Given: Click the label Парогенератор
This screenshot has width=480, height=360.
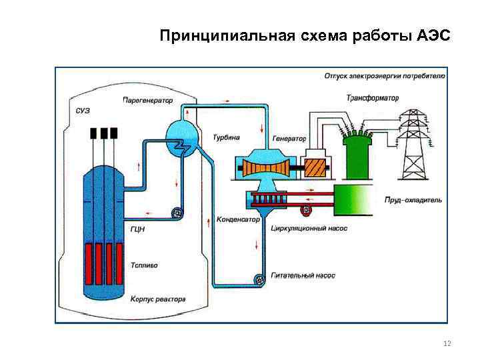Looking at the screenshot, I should (x=147, y=101).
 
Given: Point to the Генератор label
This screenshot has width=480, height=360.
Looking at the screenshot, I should (x=289, y=139).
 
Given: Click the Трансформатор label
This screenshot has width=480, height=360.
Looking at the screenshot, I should (x=372, y=98).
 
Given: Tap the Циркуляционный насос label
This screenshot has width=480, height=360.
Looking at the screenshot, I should (x=309, y=228).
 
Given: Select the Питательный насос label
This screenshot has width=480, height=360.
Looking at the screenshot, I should (x=303, y=275).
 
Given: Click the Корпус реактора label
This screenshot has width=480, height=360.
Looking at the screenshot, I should (x=157, y=299).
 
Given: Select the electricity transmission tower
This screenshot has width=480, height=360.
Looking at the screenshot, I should (x=413, y=143).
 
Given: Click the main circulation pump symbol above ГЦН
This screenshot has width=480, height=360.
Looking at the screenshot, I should (x=177, y=213).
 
